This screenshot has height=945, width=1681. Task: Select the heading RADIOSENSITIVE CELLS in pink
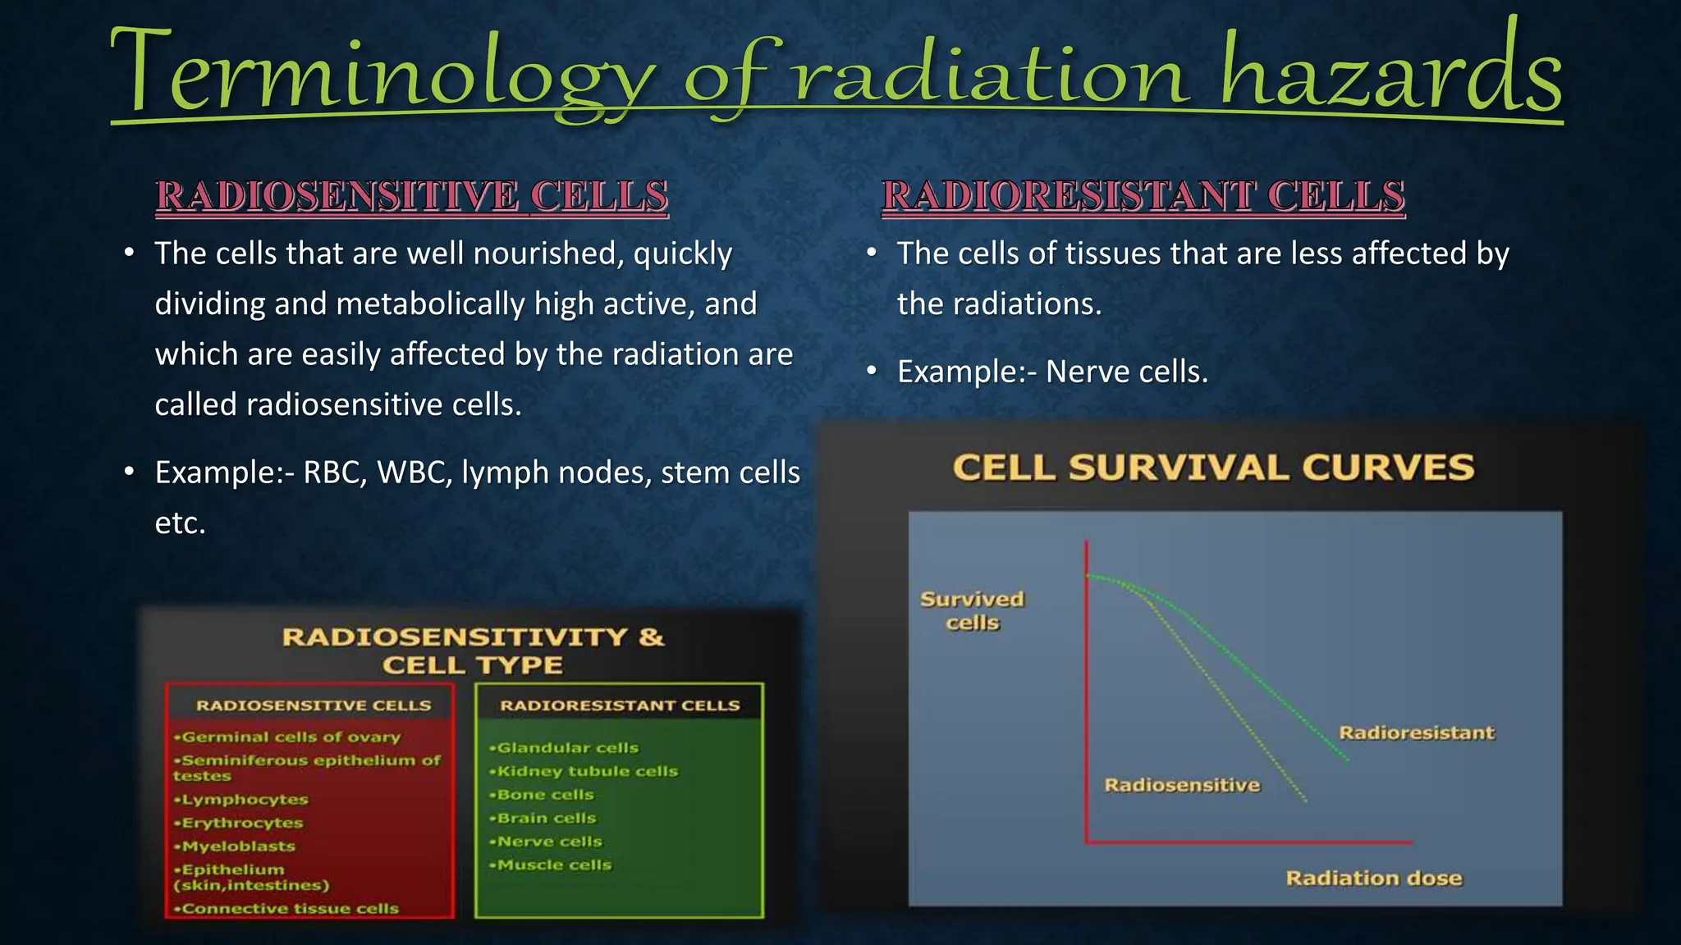[412, 197]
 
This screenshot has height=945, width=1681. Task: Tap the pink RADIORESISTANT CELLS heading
[1143, 197]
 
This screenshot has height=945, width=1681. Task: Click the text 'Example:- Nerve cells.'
[1052, 372]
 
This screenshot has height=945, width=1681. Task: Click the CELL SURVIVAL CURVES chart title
[1213, 468]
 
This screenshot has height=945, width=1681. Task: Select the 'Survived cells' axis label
[972, 611]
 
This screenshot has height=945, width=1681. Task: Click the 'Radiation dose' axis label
[1373, 879]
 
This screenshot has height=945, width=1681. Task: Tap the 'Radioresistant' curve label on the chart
[1417, 733]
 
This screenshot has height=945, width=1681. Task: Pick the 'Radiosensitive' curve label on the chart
[1182, 785]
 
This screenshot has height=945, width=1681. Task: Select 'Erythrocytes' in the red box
[242, 823]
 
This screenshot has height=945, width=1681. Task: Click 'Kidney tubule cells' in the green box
[587, 772]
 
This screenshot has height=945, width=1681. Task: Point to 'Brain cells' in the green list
[546, 819]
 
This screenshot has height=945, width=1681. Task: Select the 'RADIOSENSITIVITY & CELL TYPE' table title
[473, 651]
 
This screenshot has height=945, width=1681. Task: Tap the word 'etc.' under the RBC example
[180, 523]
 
